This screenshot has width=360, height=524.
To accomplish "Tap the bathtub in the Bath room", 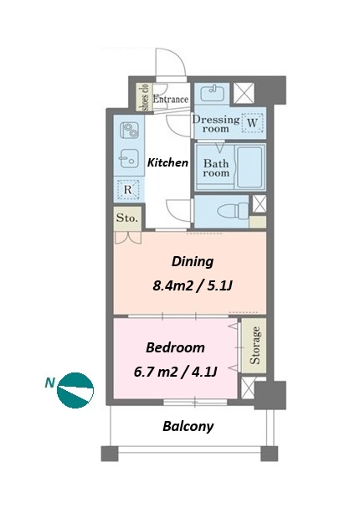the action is click(250, 167).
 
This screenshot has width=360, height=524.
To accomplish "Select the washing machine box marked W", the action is click(252, 123).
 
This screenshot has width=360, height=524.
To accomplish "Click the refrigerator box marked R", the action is click(128, 189).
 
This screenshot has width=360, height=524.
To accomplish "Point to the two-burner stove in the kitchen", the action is click(130, 131).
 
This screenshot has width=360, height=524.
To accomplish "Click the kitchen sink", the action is click(129, 158).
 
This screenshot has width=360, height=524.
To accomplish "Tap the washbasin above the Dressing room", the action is click(213, 93).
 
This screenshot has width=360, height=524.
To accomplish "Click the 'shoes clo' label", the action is click(145, 97).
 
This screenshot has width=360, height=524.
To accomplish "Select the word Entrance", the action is click(171, 99).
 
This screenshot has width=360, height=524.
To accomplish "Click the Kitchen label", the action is click(167, 162).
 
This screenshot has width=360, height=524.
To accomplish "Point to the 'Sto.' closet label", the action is click(127, 218).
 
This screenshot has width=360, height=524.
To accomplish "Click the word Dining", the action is click(193, 262).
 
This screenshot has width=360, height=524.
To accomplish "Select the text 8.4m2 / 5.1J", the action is click(193, 285).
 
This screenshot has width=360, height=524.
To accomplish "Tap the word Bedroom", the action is click(175, 347).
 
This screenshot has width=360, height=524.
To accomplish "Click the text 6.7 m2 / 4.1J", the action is click(176, 372).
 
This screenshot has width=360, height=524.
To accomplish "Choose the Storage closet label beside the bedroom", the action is click(255, 345).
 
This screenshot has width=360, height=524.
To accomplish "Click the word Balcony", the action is click(188, 426).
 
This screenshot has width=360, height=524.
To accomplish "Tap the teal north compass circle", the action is click(75, 390).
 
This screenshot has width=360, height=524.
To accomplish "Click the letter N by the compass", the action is click(49, 383).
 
